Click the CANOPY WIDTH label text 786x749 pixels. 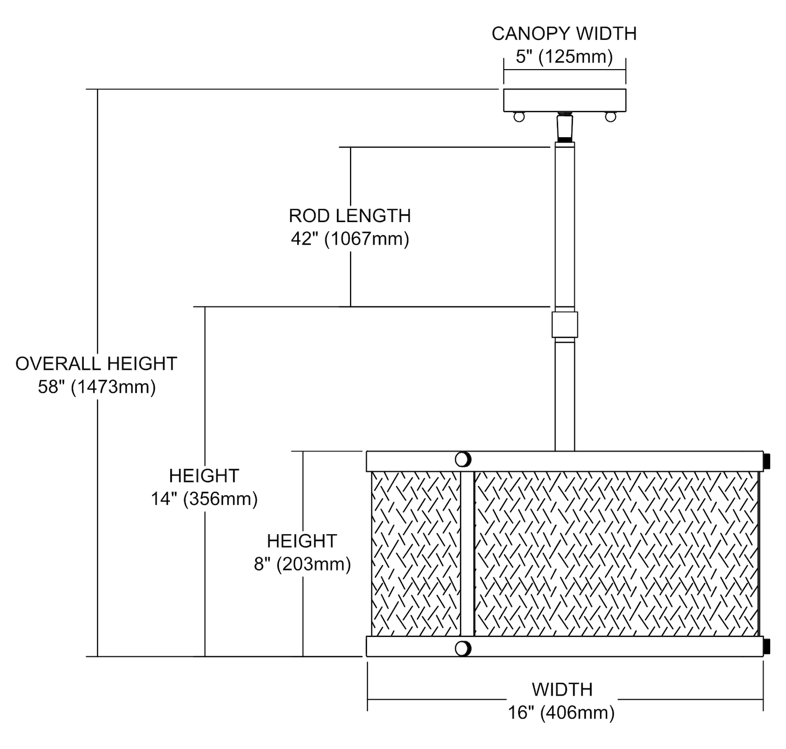click(564, 34)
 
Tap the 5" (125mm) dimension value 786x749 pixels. click(564, 56)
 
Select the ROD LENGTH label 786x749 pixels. click(350, 216)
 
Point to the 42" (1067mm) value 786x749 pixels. click(350, 239)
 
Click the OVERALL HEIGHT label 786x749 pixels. click(96, 364)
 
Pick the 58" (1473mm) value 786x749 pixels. click(96, 387)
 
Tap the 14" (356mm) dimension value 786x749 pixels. click(204, 499)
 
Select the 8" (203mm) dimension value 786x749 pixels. click(302, 564)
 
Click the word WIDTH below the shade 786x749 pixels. click(562, 689)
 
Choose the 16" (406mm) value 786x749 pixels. click(561, 713)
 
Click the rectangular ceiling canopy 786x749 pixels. click(564, 100)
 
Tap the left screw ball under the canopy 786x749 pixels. click(519, 117)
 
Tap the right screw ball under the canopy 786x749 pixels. click(610, 117)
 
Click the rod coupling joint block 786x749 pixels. click(564, 325)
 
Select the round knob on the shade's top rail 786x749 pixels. click(463, 459)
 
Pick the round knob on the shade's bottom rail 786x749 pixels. click(463, 648)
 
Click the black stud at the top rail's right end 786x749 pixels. click(767, 461)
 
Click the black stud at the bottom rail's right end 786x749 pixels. click(767, 646)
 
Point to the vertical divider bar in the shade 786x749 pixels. click(467, 554)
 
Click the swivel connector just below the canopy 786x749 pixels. click(564, 127)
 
